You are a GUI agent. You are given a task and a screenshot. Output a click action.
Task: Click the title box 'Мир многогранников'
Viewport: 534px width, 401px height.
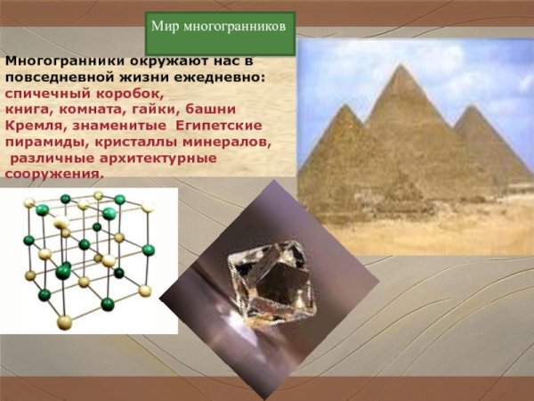tap(219, 28)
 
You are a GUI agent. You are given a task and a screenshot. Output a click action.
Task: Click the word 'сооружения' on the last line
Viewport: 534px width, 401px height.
tap(52, 174)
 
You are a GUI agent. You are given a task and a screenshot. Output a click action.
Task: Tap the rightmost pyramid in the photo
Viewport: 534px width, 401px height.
tap(494, 147)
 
